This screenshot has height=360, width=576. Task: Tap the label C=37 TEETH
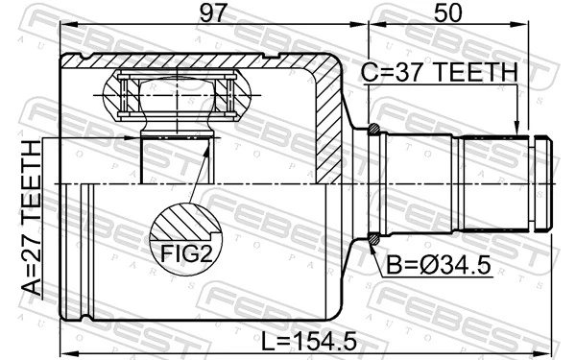(x=439, y=73)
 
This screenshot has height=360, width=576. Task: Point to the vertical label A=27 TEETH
(x=33, y=218)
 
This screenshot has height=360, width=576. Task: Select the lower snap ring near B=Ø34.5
(x=373, y=240)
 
